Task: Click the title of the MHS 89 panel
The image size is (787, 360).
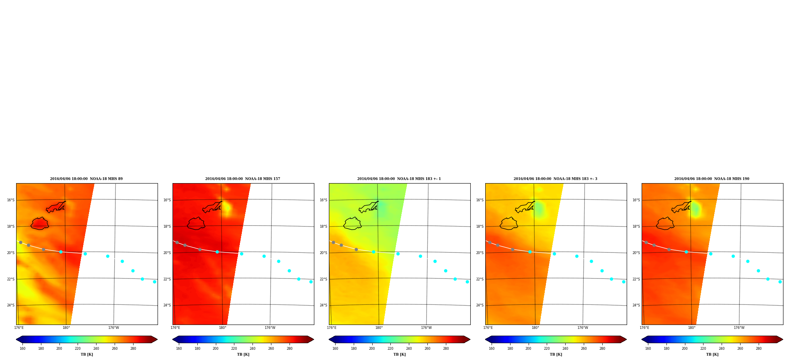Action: tap(86, 179)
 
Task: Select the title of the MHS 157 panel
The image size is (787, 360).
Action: tap(243, 179)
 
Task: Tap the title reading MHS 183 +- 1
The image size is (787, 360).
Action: tap(399, 179)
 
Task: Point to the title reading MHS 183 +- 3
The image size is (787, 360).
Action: tap(555, 179)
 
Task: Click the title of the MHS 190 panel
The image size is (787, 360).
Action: tap(712, 179)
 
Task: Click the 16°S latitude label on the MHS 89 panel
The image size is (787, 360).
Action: tap(11, 200)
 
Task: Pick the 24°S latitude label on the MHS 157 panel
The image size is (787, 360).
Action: tap(167, 305)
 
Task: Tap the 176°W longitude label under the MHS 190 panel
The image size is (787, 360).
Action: tap(739, 328)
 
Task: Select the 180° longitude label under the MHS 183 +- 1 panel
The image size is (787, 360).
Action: tap(379, 328)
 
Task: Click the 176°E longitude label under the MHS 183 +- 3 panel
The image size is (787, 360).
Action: tap(488, 328)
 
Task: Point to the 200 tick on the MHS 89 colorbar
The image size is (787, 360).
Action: tap(59, 348)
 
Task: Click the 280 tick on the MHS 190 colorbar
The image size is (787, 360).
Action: tap(759, 348)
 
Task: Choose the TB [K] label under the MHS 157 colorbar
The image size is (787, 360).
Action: tap(243, 354)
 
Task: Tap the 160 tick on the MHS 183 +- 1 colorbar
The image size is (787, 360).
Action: tap(335, 348)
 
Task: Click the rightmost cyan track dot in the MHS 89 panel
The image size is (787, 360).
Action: tap(154, 282)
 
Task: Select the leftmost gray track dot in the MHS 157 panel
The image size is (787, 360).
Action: tap(177, 242)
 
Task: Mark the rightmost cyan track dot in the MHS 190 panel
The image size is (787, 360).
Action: tap(780, 282)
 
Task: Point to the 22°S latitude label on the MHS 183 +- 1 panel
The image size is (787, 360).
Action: tap(323, 279)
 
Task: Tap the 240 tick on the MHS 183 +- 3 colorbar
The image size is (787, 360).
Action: tap(565, 348)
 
